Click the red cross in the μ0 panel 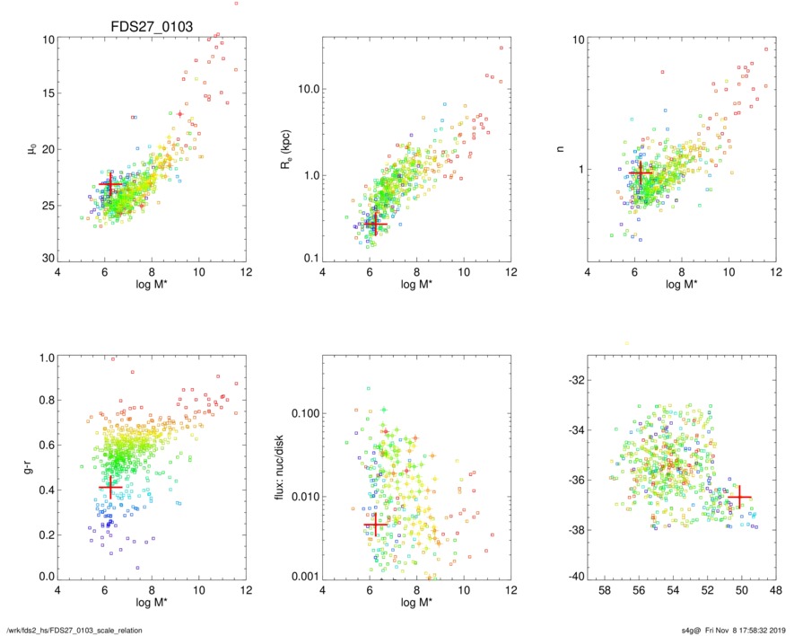[110, 184]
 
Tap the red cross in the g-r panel [110, 486]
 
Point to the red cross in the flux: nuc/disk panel [376, 524]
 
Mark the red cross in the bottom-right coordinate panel [738, 497]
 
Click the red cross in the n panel [640, 172]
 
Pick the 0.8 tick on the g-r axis [45, 401]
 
